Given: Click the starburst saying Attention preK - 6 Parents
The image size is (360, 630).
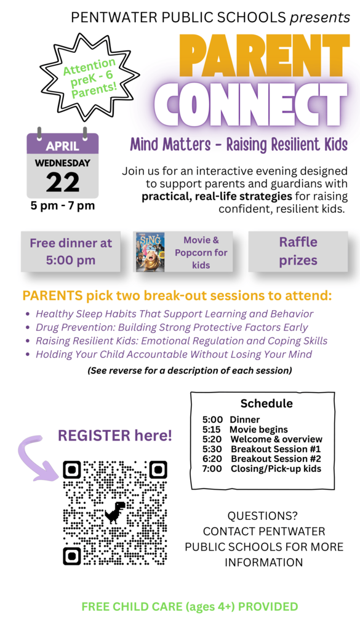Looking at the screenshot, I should tap(89, 76).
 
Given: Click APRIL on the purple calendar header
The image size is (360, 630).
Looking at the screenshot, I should tap(62, 146).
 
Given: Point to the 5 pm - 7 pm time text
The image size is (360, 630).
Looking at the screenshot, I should tap(62, 205).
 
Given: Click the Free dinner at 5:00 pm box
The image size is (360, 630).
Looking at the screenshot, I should tap(71, 251).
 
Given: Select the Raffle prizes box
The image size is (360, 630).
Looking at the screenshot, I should tap(298, 251).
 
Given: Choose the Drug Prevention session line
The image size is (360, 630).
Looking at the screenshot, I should tap(172, 327).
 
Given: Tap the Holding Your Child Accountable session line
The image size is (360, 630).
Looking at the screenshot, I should tap(174, 354).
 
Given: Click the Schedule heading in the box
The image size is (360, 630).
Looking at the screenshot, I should tap(266, 404).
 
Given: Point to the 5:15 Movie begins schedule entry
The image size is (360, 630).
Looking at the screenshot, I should tap(244, 429).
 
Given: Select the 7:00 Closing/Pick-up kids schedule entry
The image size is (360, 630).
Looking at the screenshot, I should tap(261, 469).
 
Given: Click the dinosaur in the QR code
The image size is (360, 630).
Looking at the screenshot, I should tap(114, 512).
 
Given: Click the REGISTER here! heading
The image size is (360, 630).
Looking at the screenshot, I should tap(115, 436).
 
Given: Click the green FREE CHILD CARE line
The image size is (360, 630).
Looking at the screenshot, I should tap(190, 607).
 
